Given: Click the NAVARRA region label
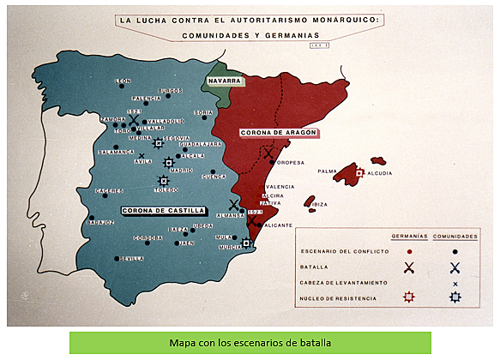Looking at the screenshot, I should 222,81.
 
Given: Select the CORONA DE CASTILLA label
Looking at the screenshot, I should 163,209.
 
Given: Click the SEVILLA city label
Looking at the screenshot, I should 132,257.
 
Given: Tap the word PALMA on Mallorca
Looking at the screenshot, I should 326,171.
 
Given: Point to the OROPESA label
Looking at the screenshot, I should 291,161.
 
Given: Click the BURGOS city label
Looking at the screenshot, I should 171,90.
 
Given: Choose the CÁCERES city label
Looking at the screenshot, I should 110,190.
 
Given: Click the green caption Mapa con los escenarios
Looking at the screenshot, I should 250,343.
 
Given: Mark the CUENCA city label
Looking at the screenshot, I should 215,177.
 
